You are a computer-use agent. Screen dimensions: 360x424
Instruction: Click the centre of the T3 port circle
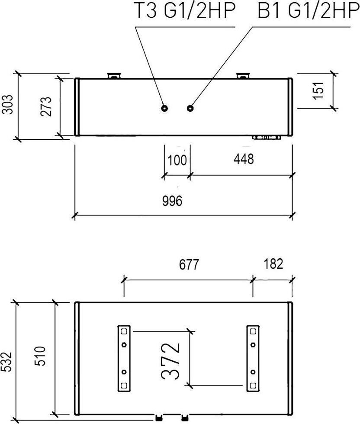point(164,108)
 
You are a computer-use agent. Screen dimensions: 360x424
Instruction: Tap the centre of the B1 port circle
point(190,108)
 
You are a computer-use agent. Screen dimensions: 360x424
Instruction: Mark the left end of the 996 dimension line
point(75,215)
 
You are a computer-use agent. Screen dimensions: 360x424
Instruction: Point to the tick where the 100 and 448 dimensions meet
point(190,176)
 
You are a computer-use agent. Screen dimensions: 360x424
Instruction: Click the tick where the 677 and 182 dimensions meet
point(253,280)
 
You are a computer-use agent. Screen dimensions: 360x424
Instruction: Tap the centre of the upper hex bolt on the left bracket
point(124,344)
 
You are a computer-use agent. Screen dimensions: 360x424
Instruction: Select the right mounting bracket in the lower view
point(253,358)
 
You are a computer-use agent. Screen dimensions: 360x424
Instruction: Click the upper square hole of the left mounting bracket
point(124,331)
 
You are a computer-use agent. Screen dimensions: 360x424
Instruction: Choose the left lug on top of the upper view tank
point(114,76)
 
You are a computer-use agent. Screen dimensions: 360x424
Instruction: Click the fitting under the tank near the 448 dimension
point(267,138)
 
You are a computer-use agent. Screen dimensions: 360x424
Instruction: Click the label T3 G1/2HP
point(185,11)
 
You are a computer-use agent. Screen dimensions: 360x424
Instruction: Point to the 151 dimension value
point(318,90)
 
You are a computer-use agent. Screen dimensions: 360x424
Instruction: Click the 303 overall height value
point(7,104)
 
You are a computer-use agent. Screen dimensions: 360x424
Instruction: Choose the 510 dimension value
point(40,356)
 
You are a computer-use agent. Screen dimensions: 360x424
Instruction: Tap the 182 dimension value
point(273,264)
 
